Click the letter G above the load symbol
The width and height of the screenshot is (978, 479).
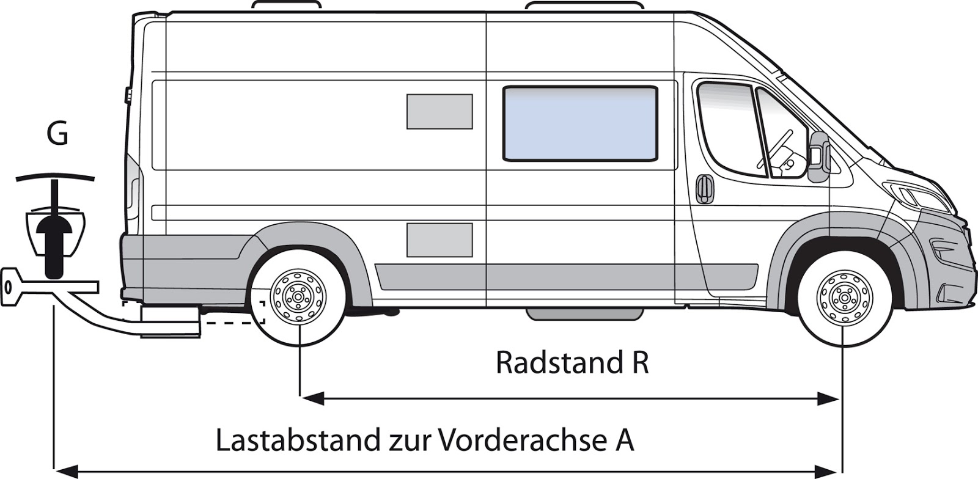57,134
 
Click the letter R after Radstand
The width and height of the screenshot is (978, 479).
639,362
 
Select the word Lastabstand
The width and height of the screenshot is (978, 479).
296,441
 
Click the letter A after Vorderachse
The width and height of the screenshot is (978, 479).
624,441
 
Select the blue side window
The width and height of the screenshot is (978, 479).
579,124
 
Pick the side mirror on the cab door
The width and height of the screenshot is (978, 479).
818,156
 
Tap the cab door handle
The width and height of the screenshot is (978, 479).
704,188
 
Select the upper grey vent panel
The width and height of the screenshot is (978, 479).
439,112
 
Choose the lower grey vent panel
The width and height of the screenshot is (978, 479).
439,239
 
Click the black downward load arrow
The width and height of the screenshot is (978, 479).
54,244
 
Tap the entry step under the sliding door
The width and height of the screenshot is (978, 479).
585,313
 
